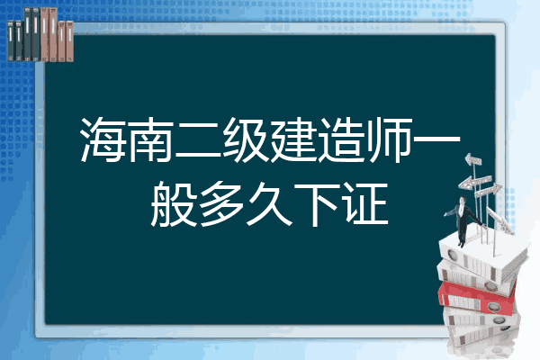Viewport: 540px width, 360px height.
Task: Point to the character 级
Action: pyautogui.click(x=245, y=139)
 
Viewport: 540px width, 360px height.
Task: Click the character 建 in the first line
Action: pyautogui.click(x=292, y=139)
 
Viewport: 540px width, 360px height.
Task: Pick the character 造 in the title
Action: pyautogui.click(x=340, y=139)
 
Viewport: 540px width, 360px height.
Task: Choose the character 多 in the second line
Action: pyautogui.click(x=221, y=204)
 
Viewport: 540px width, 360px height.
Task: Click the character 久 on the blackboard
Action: pyautogui.click(x=269, y=204)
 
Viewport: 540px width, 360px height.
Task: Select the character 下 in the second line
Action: pyautogui.click(x=317, y=204)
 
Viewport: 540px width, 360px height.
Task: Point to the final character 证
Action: pyautogui.click(x=365, y=204)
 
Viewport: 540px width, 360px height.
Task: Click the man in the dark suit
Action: pyautogui.click(x=463, y=220)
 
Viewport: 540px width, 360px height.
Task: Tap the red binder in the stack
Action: pyautogui.click(x=477, y=298)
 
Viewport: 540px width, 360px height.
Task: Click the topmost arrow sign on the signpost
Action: pyautogui.click(x=473, y=160)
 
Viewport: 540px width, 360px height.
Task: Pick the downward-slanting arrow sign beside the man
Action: pyautogui.click(x=499, y=220)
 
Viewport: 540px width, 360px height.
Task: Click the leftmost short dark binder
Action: pyautogui.click(x=11, y=40)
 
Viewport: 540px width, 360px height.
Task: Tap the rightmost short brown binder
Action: pyautogui.click(x=70, y=41)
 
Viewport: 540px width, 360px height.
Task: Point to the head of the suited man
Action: pyautogui.click(x=463, y=200)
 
